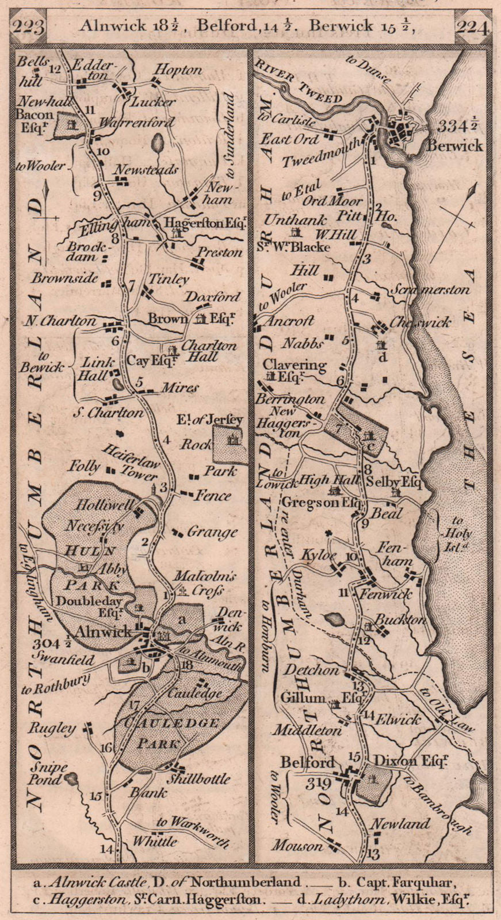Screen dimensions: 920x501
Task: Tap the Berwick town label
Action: [x=454, y=145]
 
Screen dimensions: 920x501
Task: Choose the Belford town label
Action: [x=307, y=762]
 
